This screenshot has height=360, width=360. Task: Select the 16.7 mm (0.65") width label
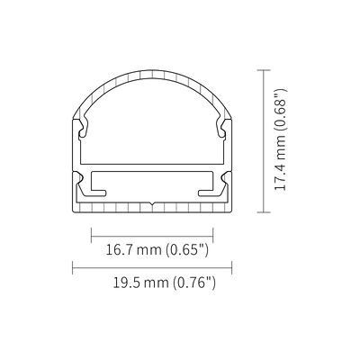coord(157,249)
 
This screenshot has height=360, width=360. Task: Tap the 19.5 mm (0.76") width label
coord(164,283)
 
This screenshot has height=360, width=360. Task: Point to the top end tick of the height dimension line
coord(264,70)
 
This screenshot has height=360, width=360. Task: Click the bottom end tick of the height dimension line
coord(264,212)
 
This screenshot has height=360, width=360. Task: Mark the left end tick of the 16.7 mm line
coord(91,236)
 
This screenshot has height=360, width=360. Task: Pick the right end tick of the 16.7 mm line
coord(213,236)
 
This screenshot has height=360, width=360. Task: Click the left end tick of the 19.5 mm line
coord(73,267)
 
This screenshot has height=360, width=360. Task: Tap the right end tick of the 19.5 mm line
coord(232,267)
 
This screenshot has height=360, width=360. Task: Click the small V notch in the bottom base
coord(152,204)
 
